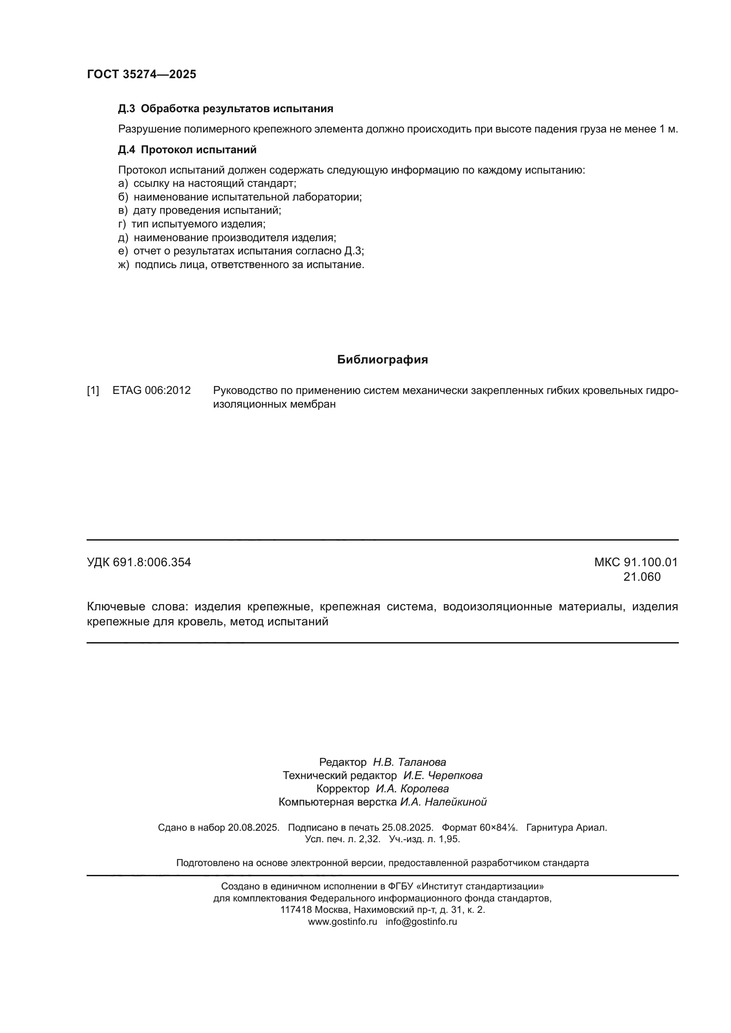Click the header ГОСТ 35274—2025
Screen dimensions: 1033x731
(141, 74)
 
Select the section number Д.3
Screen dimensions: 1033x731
(126, 109)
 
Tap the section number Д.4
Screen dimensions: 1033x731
(126, 150)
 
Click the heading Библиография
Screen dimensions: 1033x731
(382, 359)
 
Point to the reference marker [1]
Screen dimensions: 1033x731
(93, 390)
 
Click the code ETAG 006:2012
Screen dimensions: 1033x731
(152, 390)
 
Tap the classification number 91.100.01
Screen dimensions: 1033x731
(651, 562)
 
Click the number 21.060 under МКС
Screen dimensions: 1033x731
(642, 577)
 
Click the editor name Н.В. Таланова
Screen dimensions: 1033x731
(409, 762)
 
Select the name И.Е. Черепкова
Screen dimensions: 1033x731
(442, 775)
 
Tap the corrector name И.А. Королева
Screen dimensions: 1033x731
(412, 789)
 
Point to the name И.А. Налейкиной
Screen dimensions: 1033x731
(443, 802)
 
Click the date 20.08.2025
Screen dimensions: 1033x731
(253, 827)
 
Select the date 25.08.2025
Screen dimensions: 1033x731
(407, 827)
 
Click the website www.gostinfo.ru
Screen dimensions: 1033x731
(343, 921)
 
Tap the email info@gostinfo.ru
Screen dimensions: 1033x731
(421, 921)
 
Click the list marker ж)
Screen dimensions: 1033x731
(123, 265)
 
